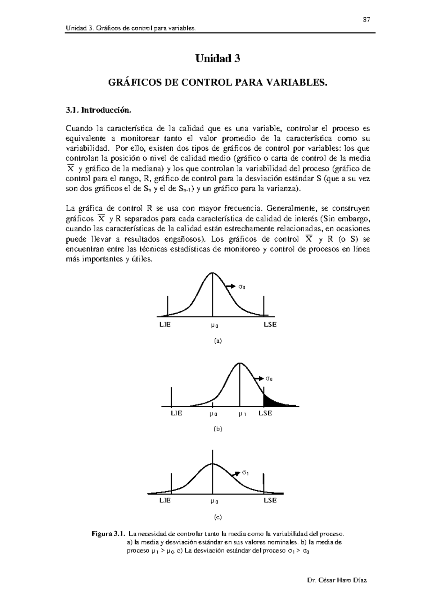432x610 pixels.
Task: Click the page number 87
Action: pos(366,20)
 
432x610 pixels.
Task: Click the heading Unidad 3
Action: pos(217,58)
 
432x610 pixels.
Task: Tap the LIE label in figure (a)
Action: pos(165,324)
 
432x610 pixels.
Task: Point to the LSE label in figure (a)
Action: pos(270,324)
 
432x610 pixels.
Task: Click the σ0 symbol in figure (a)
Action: pos(242,287)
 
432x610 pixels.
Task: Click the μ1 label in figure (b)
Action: pos(242,414)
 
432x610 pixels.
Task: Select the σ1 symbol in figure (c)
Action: pos(245,473)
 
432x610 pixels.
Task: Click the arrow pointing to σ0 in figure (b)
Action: pos(258,378)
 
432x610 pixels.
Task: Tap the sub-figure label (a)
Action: pos(218,341)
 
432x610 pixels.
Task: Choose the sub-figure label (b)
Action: pos(218,429)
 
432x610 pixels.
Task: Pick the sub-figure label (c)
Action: pos(218,517)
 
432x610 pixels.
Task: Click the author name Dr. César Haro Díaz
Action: pos(337,581)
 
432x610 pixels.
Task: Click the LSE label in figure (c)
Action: pos(270,500)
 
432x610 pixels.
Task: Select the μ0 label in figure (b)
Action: pos(213,414)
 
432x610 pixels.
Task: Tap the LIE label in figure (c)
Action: pos(165,500)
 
